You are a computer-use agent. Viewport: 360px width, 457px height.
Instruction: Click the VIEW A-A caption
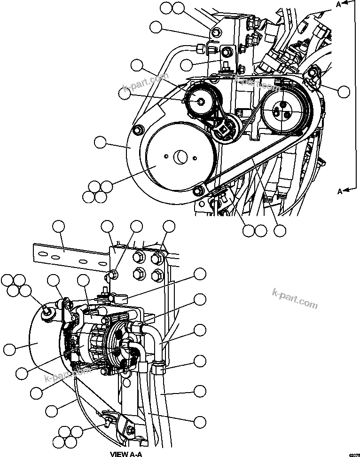[125, 454]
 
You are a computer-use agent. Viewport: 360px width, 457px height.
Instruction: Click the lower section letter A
[338, 191]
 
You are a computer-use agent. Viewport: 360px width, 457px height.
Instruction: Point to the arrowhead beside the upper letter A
[346, 3]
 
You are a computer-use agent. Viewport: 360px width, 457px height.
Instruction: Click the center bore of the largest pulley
[180, 158]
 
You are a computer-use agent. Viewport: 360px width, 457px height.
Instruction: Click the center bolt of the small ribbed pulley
[200, 100]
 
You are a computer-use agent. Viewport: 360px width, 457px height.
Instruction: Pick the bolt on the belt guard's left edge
[138, 130]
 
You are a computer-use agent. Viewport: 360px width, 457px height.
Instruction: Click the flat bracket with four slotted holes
[70, 256]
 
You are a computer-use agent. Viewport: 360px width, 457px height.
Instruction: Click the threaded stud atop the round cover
[47, 311]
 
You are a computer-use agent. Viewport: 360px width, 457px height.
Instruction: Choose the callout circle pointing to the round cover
[9, 349]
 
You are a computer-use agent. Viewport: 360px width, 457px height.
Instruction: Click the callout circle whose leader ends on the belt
[280, 230]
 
